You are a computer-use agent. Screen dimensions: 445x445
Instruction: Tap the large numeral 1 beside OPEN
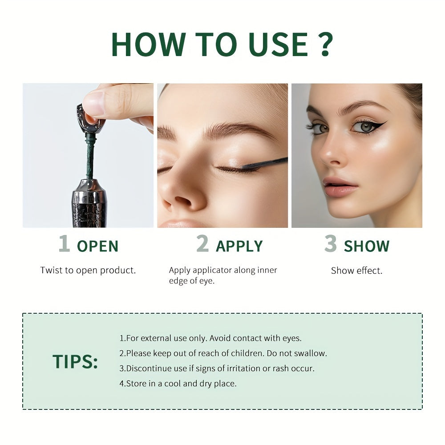click(x=65, y=244)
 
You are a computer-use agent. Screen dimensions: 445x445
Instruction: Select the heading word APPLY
click(x=239, y=246)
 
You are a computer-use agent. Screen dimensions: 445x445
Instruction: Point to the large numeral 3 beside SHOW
click(x=330, y=244)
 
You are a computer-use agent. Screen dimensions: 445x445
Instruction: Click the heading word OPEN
click(x=98, y=246)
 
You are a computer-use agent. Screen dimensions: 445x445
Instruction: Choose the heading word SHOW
click(x=367, y=246)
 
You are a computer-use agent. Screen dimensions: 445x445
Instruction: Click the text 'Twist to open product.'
click(x=88, y=270)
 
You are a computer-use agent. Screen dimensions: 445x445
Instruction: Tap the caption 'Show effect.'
click(x=356, y=271)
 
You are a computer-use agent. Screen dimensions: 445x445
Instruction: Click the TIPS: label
click(x=75, y=362)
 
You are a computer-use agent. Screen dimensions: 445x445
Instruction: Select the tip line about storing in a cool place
click(x=178, y=384)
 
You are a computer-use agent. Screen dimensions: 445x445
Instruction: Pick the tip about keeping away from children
click(x=223, y=353)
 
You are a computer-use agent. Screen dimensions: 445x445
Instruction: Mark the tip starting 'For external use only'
click(x=210, y=338)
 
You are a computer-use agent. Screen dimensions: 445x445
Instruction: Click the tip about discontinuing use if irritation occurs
click(x=217, y=368)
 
